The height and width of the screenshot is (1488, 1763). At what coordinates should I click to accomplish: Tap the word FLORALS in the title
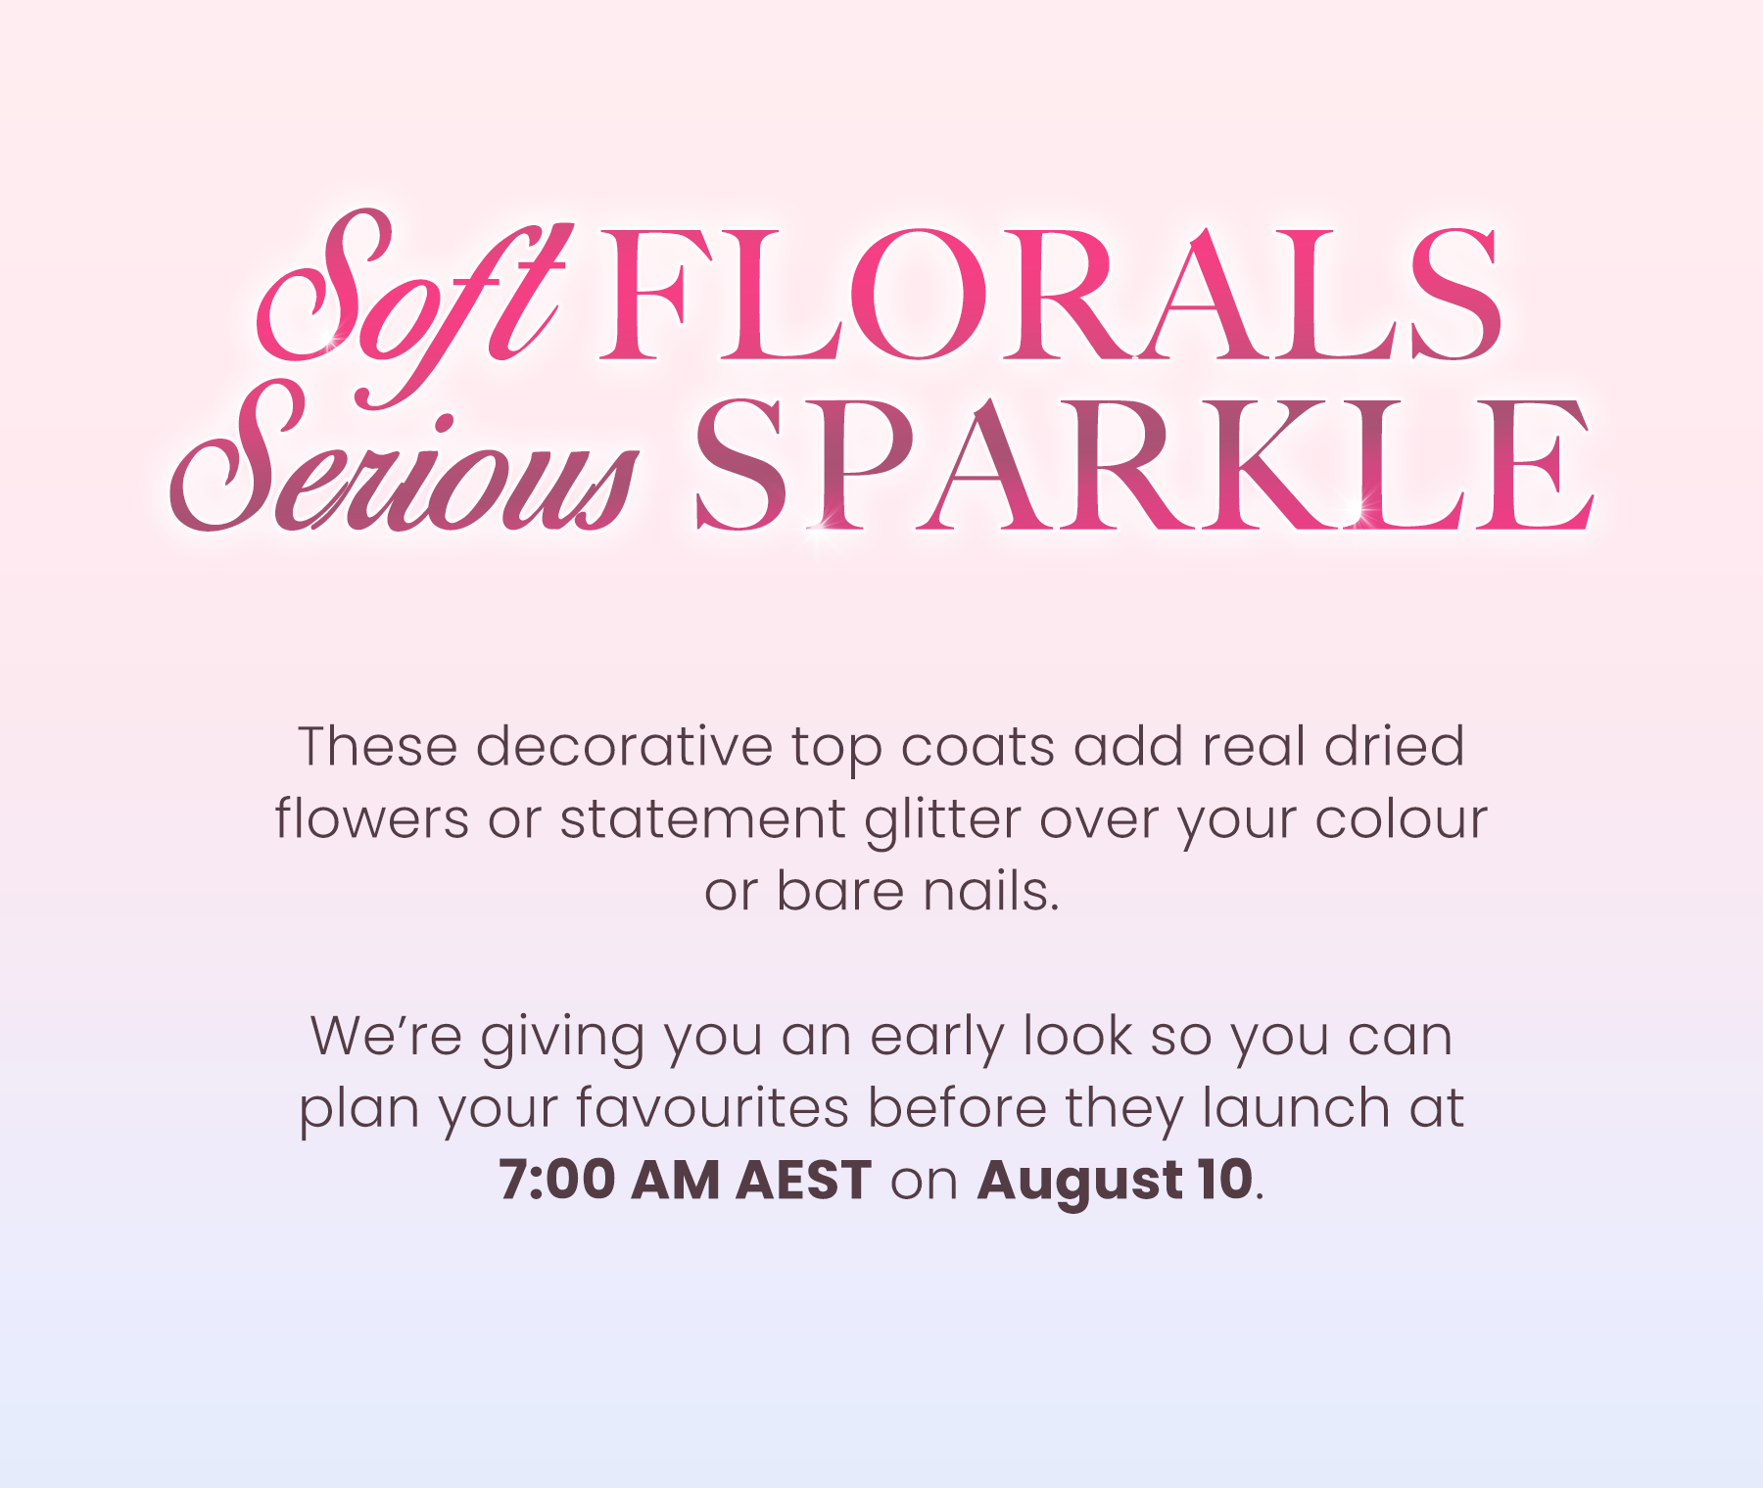1050,294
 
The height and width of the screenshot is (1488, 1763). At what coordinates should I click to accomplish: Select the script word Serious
404,460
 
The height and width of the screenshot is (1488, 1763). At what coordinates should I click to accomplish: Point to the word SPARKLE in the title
1144,465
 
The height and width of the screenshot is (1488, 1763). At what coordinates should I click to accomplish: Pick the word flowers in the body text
372,818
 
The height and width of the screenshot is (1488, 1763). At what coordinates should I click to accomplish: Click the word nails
991,891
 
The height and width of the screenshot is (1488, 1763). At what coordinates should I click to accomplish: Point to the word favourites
712,1108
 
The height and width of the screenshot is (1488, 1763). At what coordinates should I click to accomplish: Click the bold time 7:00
556,1180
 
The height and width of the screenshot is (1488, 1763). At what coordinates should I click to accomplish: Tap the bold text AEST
803,1180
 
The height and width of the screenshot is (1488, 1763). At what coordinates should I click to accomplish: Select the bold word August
1080,1183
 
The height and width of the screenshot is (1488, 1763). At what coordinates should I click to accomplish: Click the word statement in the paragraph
702,819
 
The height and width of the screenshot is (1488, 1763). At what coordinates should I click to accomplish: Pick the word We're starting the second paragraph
386,1036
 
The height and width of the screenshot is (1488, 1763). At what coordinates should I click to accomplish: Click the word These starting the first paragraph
378,747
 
